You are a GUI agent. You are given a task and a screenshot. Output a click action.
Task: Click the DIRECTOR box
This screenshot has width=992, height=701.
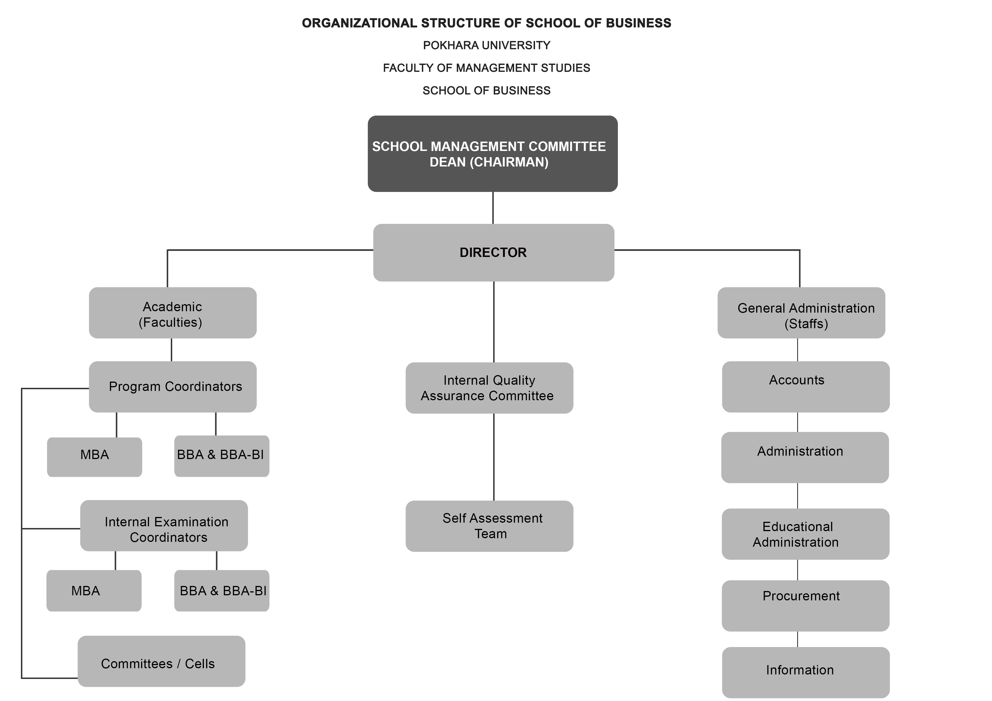493,253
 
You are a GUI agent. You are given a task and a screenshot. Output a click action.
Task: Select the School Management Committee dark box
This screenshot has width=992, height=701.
493,154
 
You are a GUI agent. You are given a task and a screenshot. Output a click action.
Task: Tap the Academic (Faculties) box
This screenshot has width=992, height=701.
173,313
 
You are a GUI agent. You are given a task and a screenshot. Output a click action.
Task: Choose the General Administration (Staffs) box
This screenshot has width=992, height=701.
801,313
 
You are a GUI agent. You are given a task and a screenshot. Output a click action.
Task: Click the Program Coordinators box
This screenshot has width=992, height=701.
173,387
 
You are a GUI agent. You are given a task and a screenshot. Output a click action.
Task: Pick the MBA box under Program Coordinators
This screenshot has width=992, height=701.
95,457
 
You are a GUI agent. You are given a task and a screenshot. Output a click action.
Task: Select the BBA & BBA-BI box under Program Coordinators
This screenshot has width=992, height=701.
222,456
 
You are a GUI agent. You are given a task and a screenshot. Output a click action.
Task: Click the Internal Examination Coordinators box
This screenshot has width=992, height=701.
164,526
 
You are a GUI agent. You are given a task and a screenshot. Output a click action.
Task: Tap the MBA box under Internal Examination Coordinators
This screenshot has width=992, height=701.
94,590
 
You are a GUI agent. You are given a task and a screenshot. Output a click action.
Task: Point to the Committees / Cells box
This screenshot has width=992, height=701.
161,661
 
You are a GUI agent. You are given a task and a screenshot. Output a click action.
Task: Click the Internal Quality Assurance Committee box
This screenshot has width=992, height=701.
489,388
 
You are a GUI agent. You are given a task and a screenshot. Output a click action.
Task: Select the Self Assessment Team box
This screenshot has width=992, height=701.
489,526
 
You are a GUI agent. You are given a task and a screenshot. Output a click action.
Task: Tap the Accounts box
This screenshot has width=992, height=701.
806,387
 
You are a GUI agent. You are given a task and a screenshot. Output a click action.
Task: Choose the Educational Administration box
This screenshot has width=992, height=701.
805,534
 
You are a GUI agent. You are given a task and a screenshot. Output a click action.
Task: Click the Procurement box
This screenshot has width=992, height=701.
805,606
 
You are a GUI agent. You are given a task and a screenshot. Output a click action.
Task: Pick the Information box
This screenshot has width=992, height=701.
806,672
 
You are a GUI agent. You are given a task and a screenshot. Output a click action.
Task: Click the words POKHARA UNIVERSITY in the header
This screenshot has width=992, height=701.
486,45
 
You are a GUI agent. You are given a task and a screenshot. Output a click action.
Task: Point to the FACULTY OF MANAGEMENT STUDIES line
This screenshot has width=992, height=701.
486,68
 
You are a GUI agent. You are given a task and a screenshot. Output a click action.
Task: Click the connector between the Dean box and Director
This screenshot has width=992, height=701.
493,208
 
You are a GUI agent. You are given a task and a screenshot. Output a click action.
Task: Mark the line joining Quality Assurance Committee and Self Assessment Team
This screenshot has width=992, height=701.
494,457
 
